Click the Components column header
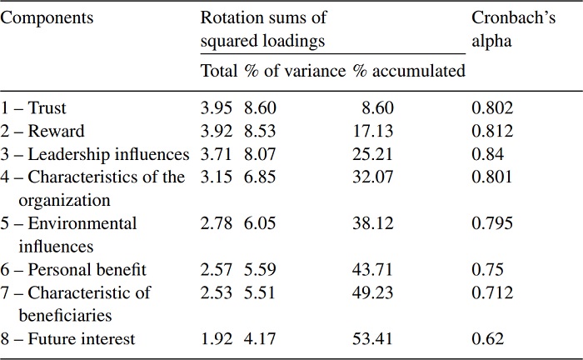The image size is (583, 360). click(47, 17)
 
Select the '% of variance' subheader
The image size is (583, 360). click(294, 71)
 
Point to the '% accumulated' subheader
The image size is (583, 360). click(408, 71)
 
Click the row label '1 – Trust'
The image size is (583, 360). click(34, 107)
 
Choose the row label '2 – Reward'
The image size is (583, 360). click(42, 131)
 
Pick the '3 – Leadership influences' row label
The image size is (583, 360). click(96, 154)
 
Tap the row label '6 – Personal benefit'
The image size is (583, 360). click(74, 269)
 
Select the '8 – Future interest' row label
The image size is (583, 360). click(68, 338)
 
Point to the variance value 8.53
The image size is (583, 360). click(260, 131)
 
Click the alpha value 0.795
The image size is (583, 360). click(492, 223)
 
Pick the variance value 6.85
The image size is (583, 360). click(260, 177)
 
